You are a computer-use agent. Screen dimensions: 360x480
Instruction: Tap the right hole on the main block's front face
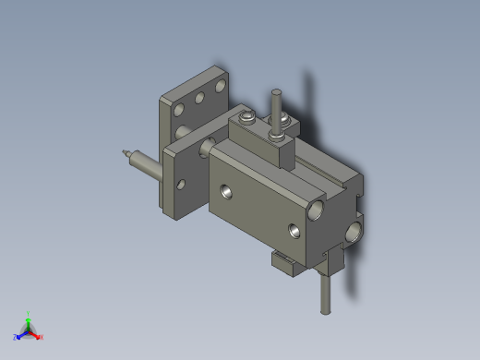[x=294, y=230]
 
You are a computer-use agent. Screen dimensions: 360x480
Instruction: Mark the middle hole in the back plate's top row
[x=200, y=96]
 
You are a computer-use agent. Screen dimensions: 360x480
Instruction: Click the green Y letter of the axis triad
[x=30, y=314]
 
